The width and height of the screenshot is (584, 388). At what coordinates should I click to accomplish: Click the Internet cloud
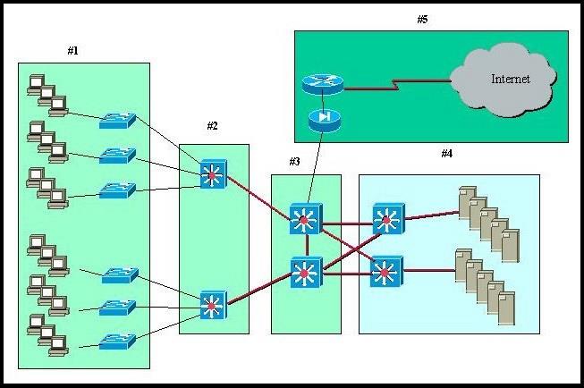tap(504, 81)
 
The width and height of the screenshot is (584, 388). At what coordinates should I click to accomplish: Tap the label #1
tap(73, 51)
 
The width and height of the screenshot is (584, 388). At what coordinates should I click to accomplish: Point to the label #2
tap(212, 125)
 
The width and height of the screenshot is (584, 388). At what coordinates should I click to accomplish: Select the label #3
tap(294, 162)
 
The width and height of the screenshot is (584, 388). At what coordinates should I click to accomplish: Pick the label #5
tap(422, 20)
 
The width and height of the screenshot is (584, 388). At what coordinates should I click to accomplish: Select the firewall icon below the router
tap(321, 119)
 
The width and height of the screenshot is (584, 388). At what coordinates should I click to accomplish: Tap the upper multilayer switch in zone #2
tap(213, 173)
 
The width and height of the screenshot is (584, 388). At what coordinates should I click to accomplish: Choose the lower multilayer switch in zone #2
tap(213, 306)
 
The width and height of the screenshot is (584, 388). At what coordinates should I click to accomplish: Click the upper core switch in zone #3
tap(305, 219)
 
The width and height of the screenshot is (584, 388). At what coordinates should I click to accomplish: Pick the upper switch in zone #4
tap(386, 217)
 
